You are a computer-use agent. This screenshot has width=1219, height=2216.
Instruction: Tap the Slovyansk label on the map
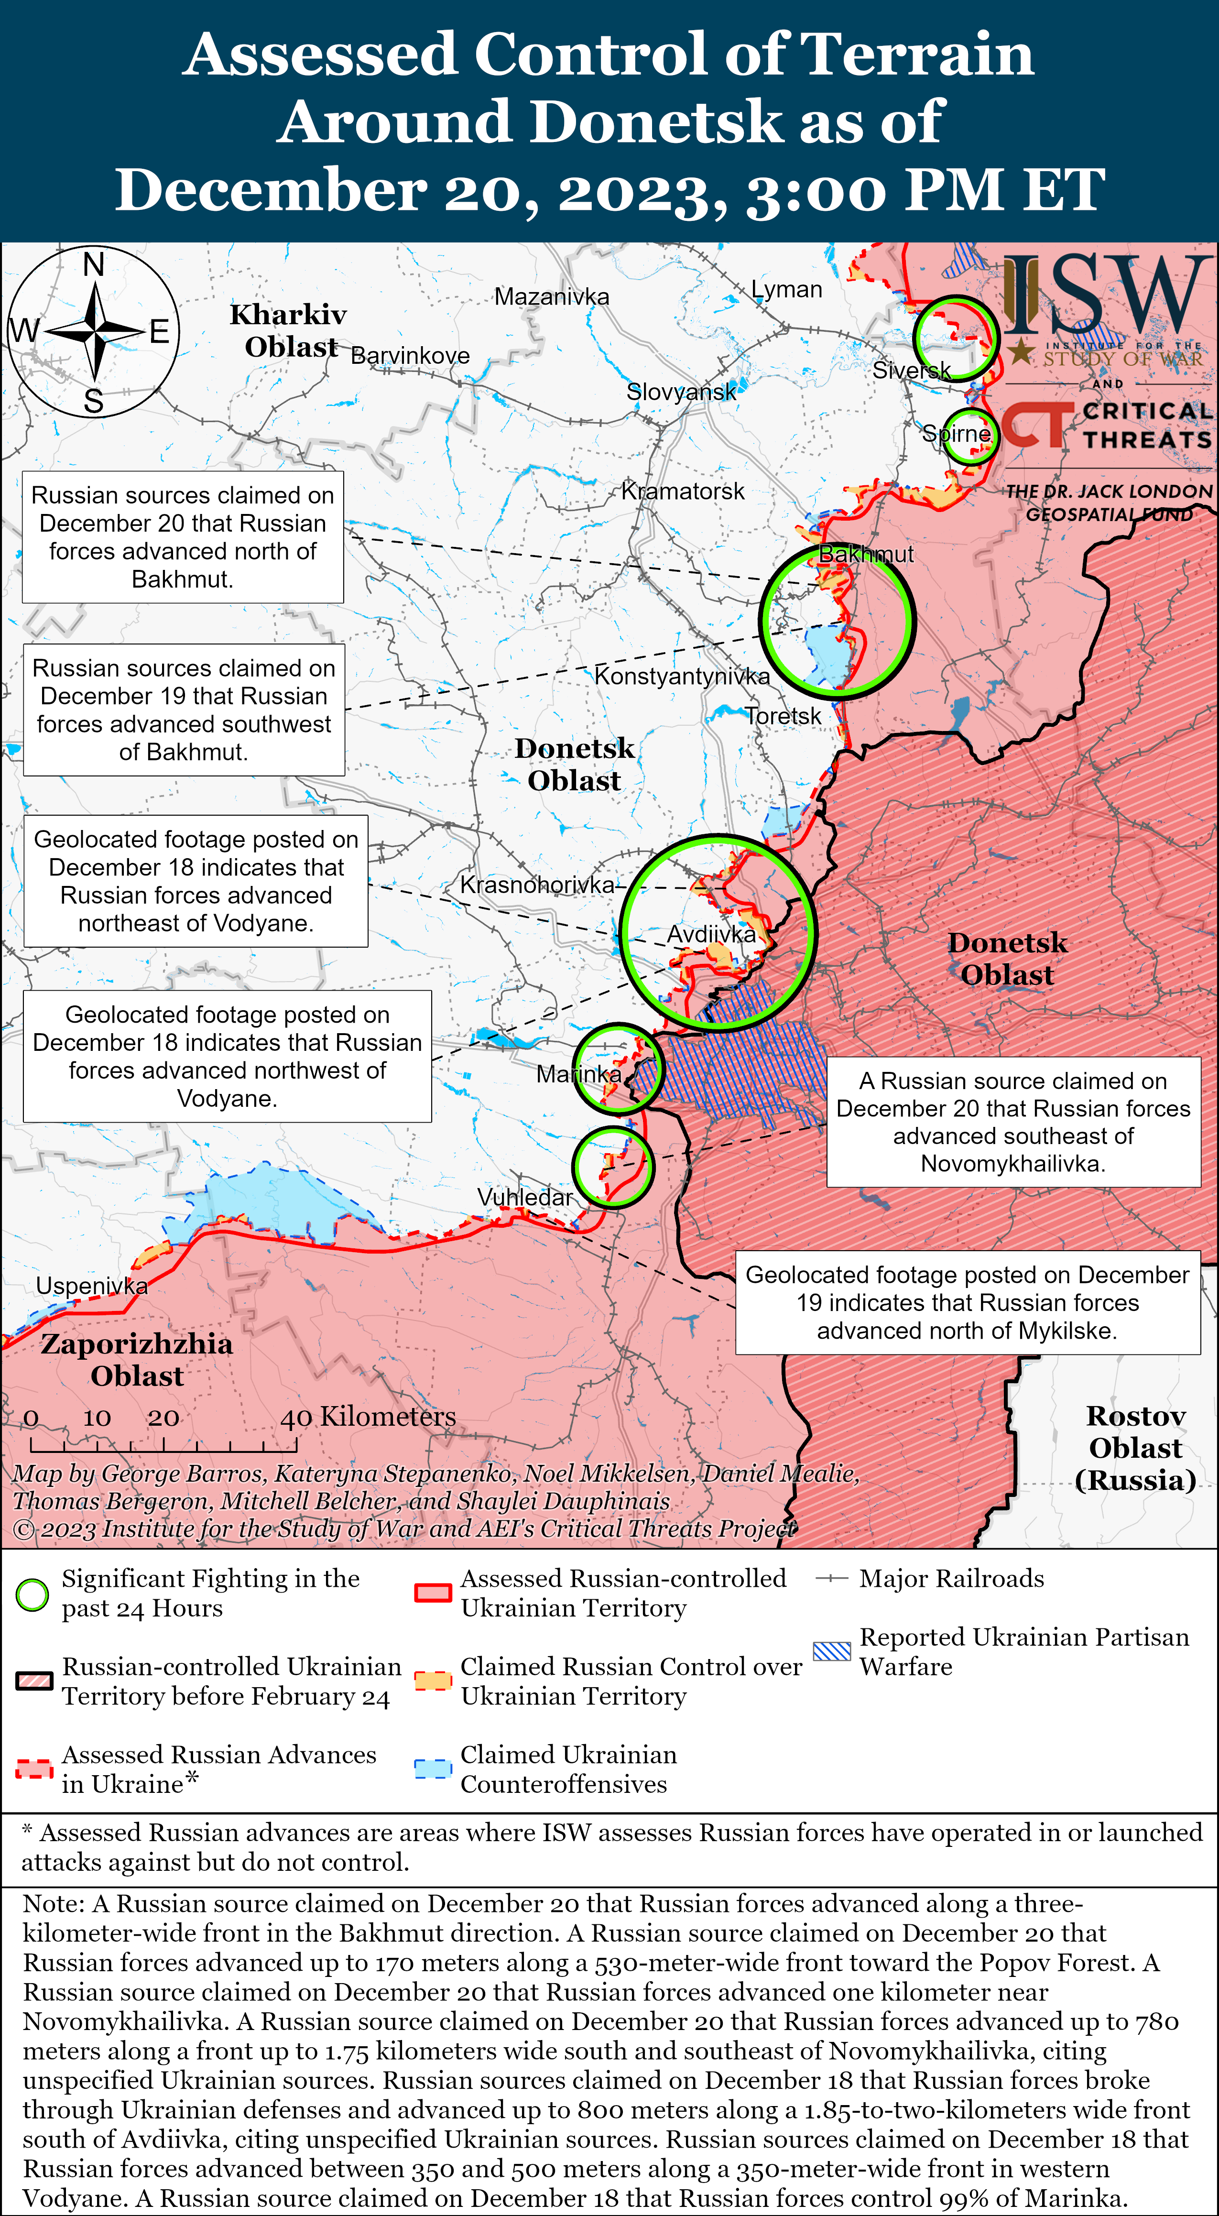680,392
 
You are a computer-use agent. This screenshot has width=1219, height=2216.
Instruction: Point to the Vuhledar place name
525,1197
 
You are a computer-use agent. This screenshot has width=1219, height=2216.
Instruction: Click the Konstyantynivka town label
682,676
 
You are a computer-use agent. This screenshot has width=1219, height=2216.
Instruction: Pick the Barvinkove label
410,355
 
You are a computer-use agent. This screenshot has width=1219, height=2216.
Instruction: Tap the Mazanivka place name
552,297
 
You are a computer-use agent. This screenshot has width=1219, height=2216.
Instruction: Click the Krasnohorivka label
537,884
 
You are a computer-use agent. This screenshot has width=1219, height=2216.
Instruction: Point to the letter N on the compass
94,264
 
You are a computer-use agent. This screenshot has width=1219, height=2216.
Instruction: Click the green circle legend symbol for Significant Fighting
33,1595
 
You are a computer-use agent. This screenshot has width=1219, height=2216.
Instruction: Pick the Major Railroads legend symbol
832,1579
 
